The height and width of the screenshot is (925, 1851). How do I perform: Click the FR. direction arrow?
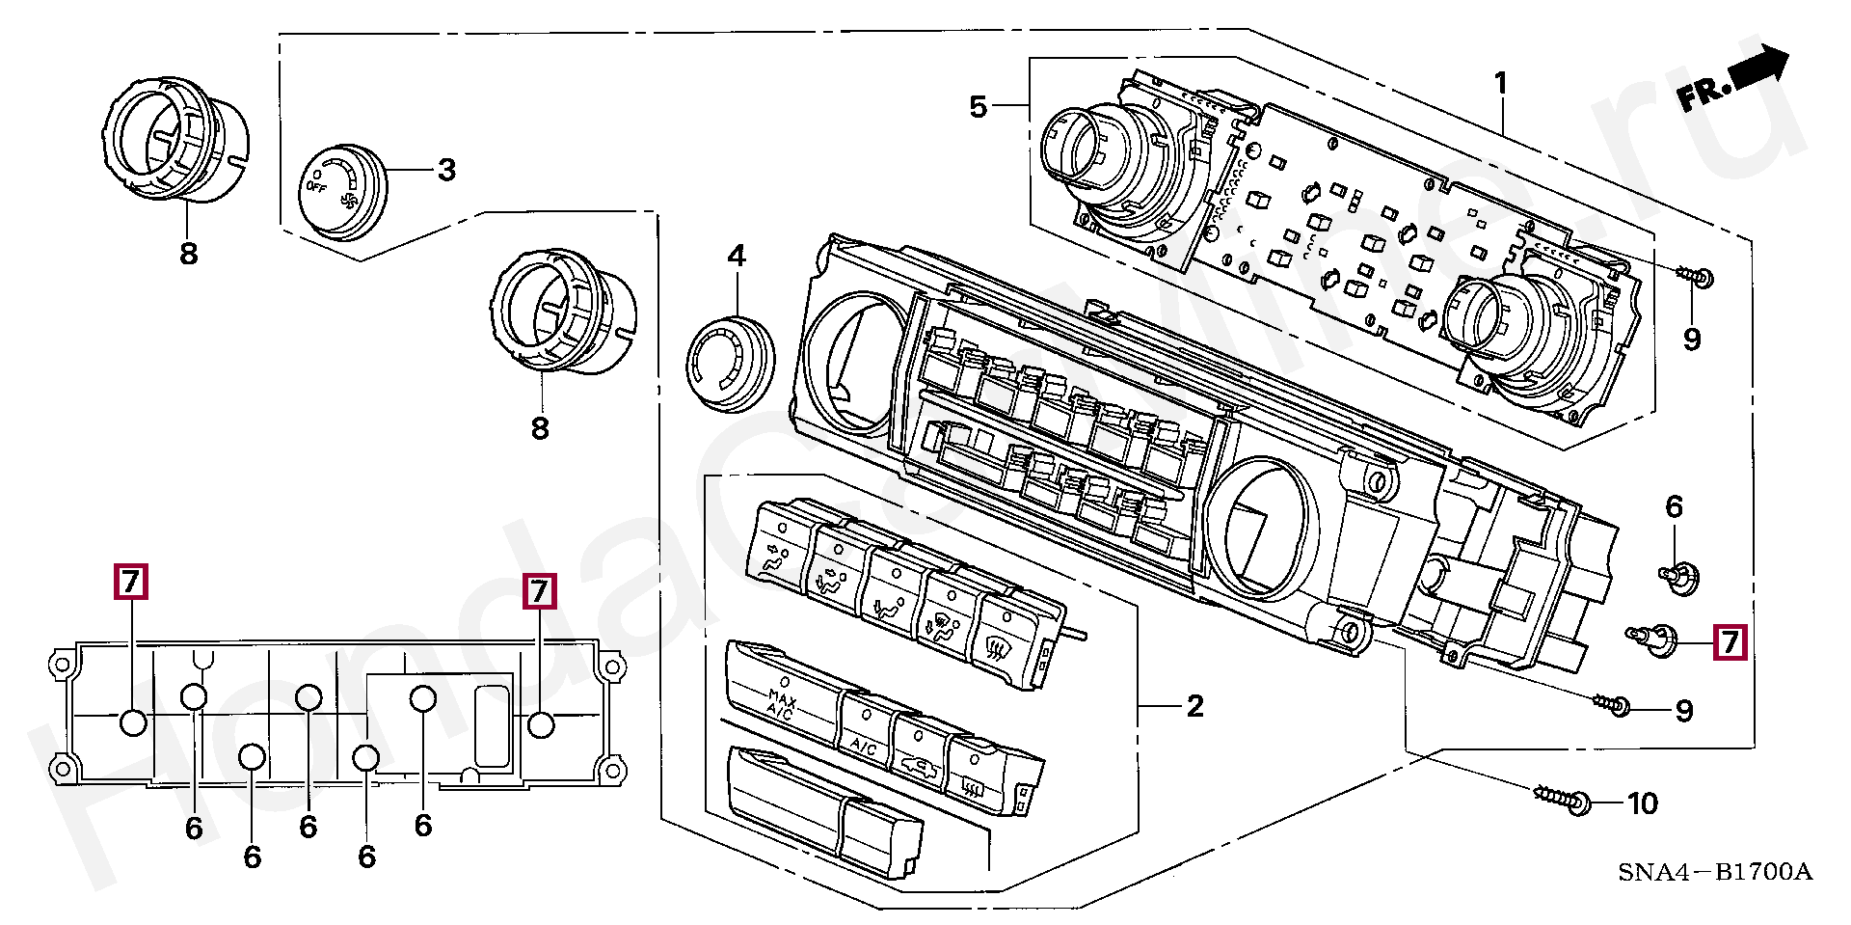click(x=1732, y=80)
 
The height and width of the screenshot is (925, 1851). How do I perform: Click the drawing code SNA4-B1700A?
click(x=1715, y=874)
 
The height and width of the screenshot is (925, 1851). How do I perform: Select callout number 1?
click(x=1501, y=84)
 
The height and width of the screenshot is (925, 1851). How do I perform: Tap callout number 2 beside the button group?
click(x=1194, y=707)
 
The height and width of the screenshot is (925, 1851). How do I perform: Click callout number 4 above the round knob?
click(x=737, y=257)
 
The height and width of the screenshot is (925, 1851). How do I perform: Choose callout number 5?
click(x=979, y=107)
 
